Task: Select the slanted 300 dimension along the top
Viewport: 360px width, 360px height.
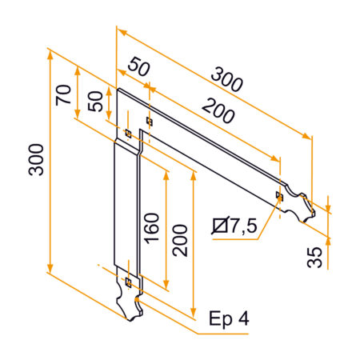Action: (227, 81)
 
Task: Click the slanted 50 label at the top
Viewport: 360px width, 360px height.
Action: (138, 69)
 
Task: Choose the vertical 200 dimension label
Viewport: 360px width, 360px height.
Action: (181, 239)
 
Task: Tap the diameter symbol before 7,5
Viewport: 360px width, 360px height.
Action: (220, 227)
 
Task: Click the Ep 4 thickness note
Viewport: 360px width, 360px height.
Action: (229, 318)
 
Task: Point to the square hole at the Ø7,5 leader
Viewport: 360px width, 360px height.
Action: (278, 195)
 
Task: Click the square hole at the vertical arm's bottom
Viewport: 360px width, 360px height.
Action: (128, 282)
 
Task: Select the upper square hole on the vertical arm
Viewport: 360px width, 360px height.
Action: (127, 132)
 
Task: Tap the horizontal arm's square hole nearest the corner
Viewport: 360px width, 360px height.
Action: (149, 122)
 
